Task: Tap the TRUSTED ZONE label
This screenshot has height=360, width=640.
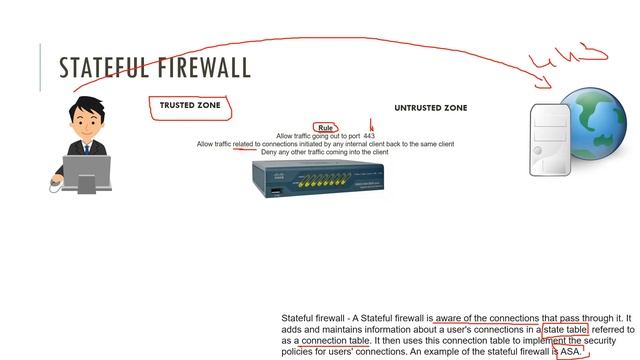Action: coord(190,104)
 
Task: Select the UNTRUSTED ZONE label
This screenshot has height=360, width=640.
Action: coord(430,107)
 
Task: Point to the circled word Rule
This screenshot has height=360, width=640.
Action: coord(325,127)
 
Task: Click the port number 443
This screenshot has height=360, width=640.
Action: coord(369,136)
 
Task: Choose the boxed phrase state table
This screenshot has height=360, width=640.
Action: coord(565,329)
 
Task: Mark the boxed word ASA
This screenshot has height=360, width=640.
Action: coord(569,351)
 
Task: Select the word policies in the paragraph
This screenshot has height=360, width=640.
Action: coord(299,351)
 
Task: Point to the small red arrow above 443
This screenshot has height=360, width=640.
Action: coord(371,125)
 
